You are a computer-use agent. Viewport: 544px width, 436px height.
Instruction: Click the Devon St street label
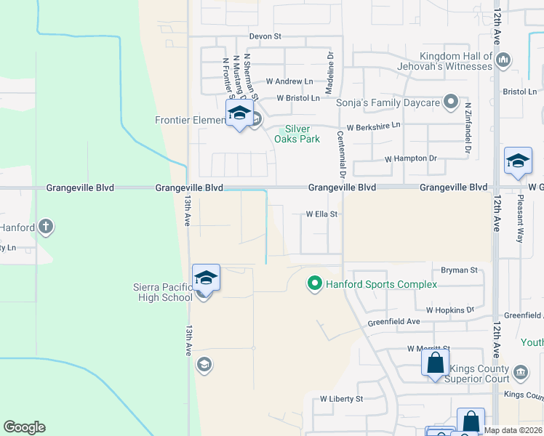tap(265, 36)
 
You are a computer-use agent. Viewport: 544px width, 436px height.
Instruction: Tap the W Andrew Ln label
tap(289, 81)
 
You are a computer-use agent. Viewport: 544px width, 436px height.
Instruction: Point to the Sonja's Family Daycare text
tap(388, 102)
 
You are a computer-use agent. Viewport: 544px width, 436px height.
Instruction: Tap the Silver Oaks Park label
tap(303, 134)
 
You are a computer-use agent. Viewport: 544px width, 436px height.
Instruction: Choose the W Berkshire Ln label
tap(373, 126)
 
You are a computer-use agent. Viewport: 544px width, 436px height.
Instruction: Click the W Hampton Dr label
tap(410, 158)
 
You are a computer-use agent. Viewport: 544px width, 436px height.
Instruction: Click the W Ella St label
tap(323, 214)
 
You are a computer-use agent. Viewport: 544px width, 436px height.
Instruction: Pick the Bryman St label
tap(458, 270)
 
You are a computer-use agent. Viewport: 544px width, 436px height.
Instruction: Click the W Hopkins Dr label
tap(449, 310)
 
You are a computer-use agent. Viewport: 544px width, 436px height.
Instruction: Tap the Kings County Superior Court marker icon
tap(521, 373)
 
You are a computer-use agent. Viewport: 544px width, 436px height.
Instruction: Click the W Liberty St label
tap(341, 399)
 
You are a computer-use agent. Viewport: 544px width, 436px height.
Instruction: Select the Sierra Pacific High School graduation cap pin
tap(206, 278)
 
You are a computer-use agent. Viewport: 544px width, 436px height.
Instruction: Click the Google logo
tap(24, 427)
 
